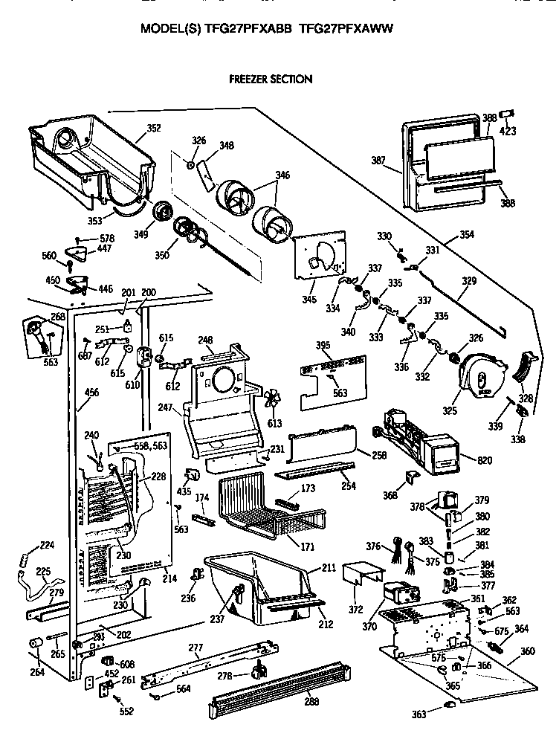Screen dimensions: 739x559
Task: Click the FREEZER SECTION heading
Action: tap(269, 79)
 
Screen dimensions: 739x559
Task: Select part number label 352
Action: tap(153, 128)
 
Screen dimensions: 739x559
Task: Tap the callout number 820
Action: tap(485, 461)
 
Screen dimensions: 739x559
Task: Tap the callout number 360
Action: tap(527, 651)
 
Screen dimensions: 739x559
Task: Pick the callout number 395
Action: tap(323, 345)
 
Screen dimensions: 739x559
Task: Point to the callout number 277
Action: tap(195, 648)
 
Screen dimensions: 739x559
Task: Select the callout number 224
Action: tap(47, 545)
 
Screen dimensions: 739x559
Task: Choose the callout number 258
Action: tap(378, 454)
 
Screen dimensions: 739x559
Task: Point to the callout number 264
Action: tap(36, 673)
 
